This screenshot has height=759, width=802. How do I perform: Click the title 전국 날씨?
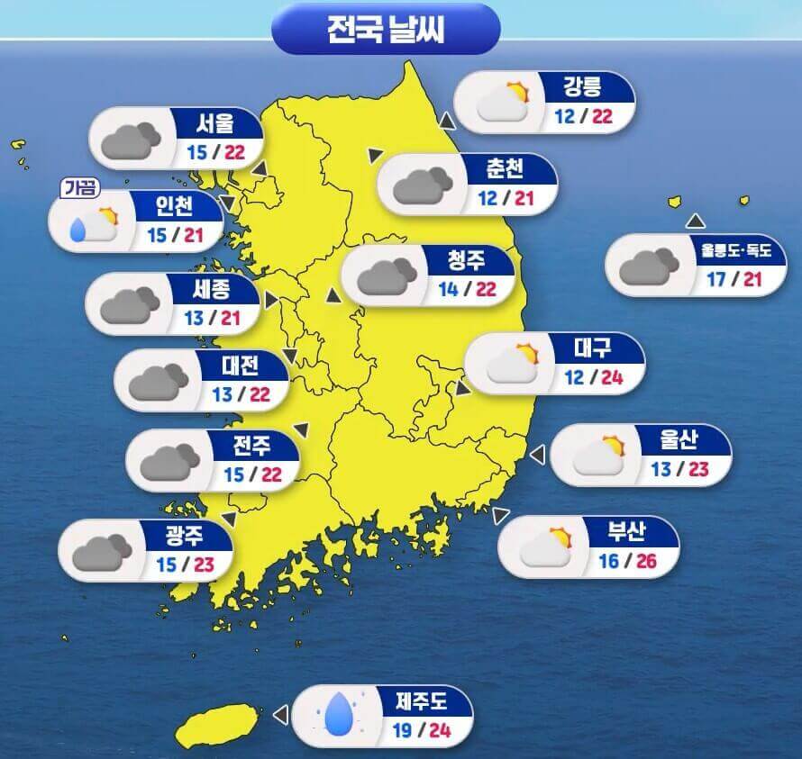click(x=385, y=29)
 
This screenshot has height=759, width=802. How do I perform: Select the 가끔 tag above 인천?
click(x=79, y=188)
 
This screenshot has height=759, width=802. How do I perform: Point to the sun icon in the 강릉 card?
click(x=516, y=91)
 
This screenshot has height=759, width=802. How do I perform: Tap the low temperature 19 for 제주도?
click(x=403, y=729)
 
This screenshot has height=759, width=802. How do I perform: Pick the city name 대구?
click(x=593, y=347)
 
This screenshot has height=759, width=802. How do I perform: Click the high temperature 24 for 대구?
click(x=612, y=377)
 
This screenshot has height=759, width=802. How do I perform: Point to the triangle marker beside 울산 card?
click(x=537, y=456)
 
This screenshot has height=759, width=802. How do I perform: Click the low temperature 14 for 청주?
click(x=449, y=290)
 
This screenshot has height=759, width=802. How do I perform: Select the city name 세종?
click(x=212, y=289)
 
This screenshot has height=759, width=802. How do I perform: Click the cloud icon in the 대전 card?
click(x=158, y=382)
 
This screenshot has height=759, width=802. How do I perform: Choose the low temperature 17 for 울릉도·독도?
click(x=716, y=279)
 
